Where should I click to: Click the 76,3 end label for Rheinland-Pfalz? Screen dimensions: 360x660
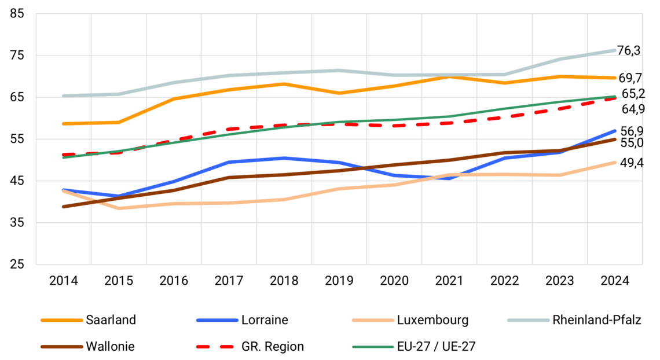[x=629, y=51]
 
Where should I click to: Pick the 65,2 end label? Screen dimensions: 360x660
[x=634, y=94]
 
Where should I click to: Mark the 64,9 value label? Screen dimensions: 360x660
[x=634, y=109]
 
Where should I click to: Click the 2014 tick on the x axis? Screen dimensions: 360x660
[x=64, y=281]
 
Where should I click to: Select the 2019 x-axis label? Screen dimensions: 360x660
[x=339, y=281]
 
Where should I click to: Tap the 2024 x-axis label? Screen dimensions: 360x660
[x=615, y=281]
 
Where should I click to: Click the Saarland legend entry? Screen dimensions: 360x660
[x=111, y=319]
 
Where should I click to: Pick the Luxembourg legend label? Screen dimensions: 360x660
[x=432, y=319]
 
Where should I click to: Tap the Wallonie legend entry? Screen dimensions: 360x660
[x=111, y=347]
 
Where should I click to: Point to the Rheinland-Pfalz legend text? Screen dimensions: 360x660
[x=596, y=319]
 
